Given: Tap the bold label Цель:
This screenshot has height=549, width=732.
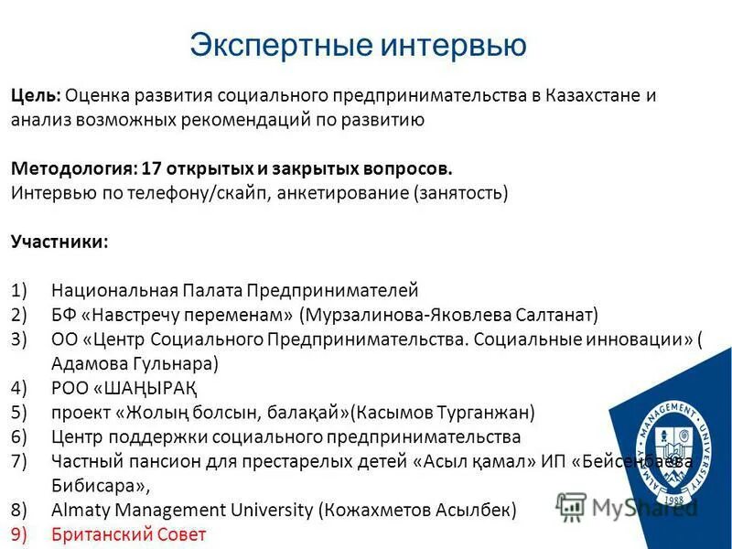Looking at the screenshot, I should pyautogui.click(x=36, y=95).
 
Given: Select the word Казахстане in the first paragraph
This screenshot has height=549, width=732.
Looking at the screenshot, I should pyautogui.click(x=593, y=95).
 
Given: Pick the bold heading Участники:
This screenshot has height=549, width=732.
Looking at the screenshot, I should pyautogui.click(x=59, y=242).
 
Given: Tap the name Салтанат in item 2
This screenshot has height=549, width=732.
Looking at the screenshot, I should pyautogui.click(x=551, y=316).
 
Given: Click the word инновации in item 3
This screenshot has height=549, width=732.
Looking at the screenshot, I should pyautogui.click(x=636, y=340).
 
